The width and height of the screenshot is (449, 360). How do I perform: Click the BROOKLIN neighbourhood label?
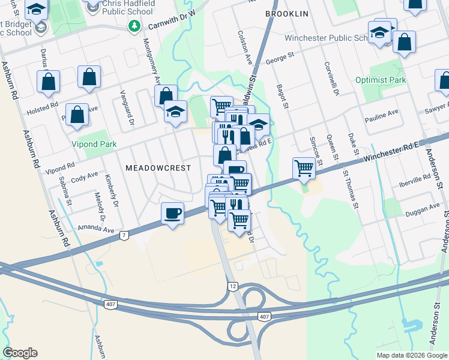[286, 14]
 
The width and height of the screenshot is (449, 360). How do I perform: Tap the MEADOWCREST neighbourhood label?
[158, 169]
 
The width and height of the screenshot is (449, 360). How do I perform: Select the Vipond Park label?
[94, 145]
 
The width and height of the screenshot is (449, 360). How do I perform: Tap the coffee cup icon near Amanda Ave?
[173, 214]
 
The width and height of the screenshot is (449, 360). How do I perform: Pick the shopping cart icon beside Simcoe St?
[304, 169]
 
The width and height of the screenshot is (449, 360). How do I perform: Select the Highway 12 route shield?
[233, 286]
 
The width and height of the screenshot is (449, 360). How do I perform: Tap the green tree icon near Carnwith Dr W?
[135, 26]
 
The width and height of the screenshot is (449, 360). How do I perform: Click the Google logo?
[20, 353]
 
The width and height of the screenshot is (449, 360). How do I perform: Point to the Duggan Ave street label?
[422, 209]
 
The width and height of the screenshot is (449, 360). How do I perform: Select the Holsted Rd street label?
[42, 109]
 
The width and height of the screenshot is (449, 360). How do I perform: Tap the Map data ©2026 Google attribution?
[411, 355]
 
